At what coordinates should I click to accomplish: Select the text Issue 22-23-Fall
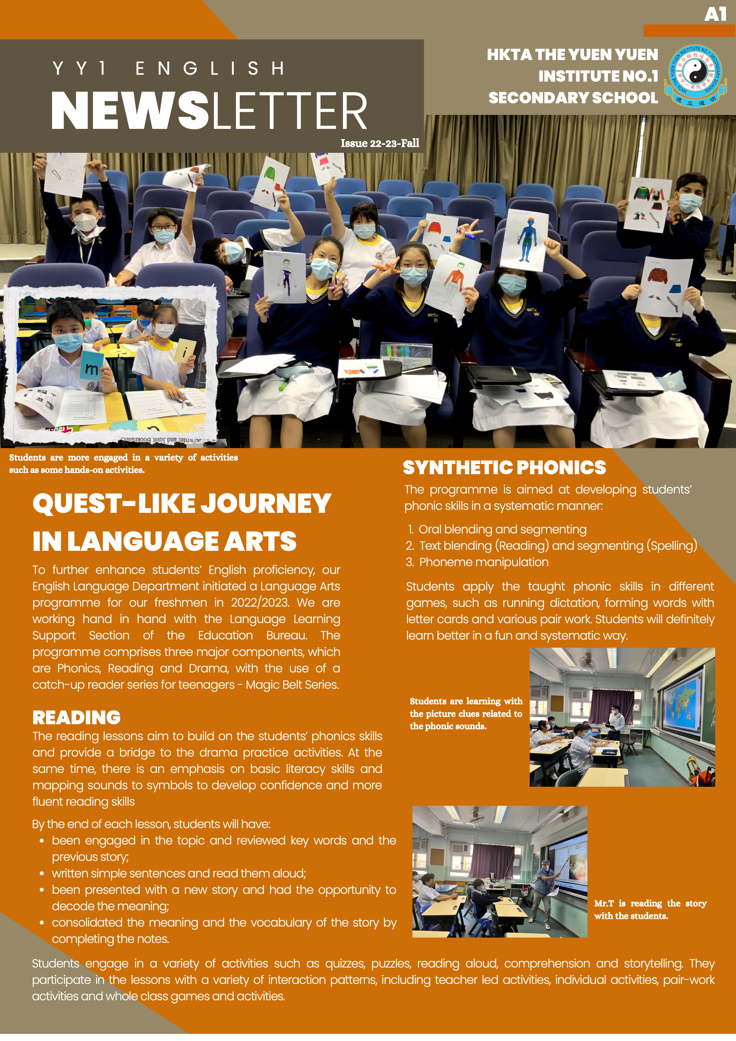point(380,143)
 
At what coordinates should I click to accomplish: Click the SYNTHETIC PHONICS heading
point(504,467)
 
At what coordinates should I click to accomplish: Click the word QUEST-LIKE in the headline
point(113,503)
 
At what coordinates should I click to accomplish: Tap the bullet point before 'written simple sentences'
point(42,874)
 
